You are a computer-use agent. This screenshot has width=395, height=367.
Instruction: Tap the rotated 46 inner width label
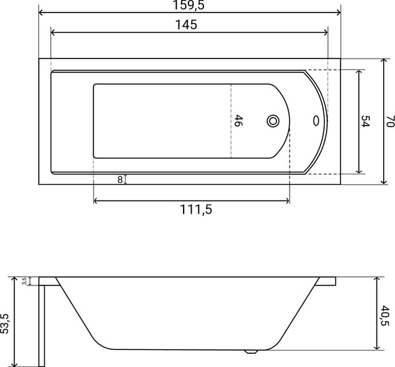coord(239,121)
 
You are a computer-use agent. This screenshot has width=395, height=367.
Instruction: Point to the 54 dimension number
coord(366,121)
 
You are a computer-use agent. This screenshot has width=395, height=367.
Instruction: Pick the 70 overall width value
coord(390,121)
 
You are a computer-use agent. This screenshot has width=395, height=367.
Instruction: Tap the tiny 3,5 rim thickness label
coord(24,281)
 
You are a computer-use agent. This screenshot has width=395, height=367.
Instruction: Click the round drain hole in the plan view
coord(273,121)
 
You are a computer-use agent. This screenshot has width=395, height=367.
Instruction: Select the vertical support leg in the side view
coord(41,322)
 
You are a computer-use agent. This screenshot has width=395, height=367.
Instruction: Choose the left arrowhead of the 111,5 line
coord(97,201)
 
